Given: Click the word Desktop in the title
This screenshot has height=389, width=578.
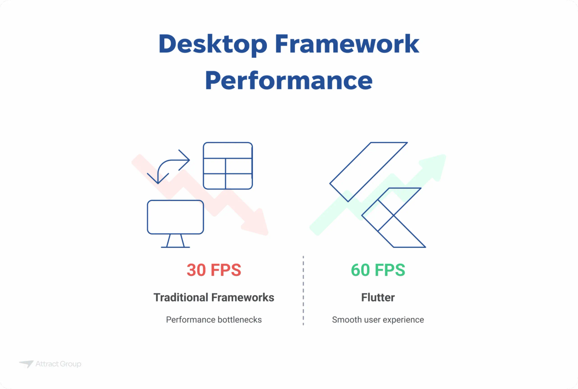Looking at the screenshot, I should (x=212, y=45).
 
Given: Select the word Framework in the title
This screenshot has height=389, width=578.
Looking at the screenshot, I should (x=347, y=45).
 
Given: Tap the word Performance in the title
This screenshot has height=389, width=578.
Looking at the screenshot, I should (x=289, y=80).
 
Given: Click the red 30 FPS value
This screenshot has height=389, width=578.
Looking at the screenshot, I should (x=214, y=270).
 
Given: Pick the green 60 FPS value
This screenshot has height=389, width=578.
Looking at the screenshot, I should (x=378, y=270).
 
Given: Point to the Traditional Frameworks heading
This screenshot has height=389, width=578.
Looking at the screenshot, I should (x=214, y=298).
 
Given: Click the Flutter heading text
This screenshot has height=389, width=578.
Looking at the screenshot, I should (x=378, y=298).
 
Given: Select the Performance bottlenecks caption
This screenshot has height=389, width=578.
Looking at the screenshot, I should (x=214, y=320).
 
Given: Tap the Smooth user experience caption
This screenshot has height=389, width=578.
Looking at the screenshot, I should (x=378, y=320).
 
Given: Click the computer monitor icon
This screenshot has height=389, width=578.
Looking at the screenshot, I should (x=175, y=217).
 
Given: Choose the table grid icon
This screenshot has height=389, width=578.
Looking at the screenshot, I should (x=227, y=166).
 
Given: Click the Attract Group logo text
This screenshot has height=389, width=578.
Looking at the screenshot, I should (x=58, y=364).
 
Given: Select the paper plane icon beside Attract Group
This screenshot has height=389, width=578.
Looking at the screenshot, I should (x=26, y=364).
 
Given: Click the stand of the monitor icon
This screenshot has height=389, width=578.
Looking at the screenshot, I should (x=175, y=241).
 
